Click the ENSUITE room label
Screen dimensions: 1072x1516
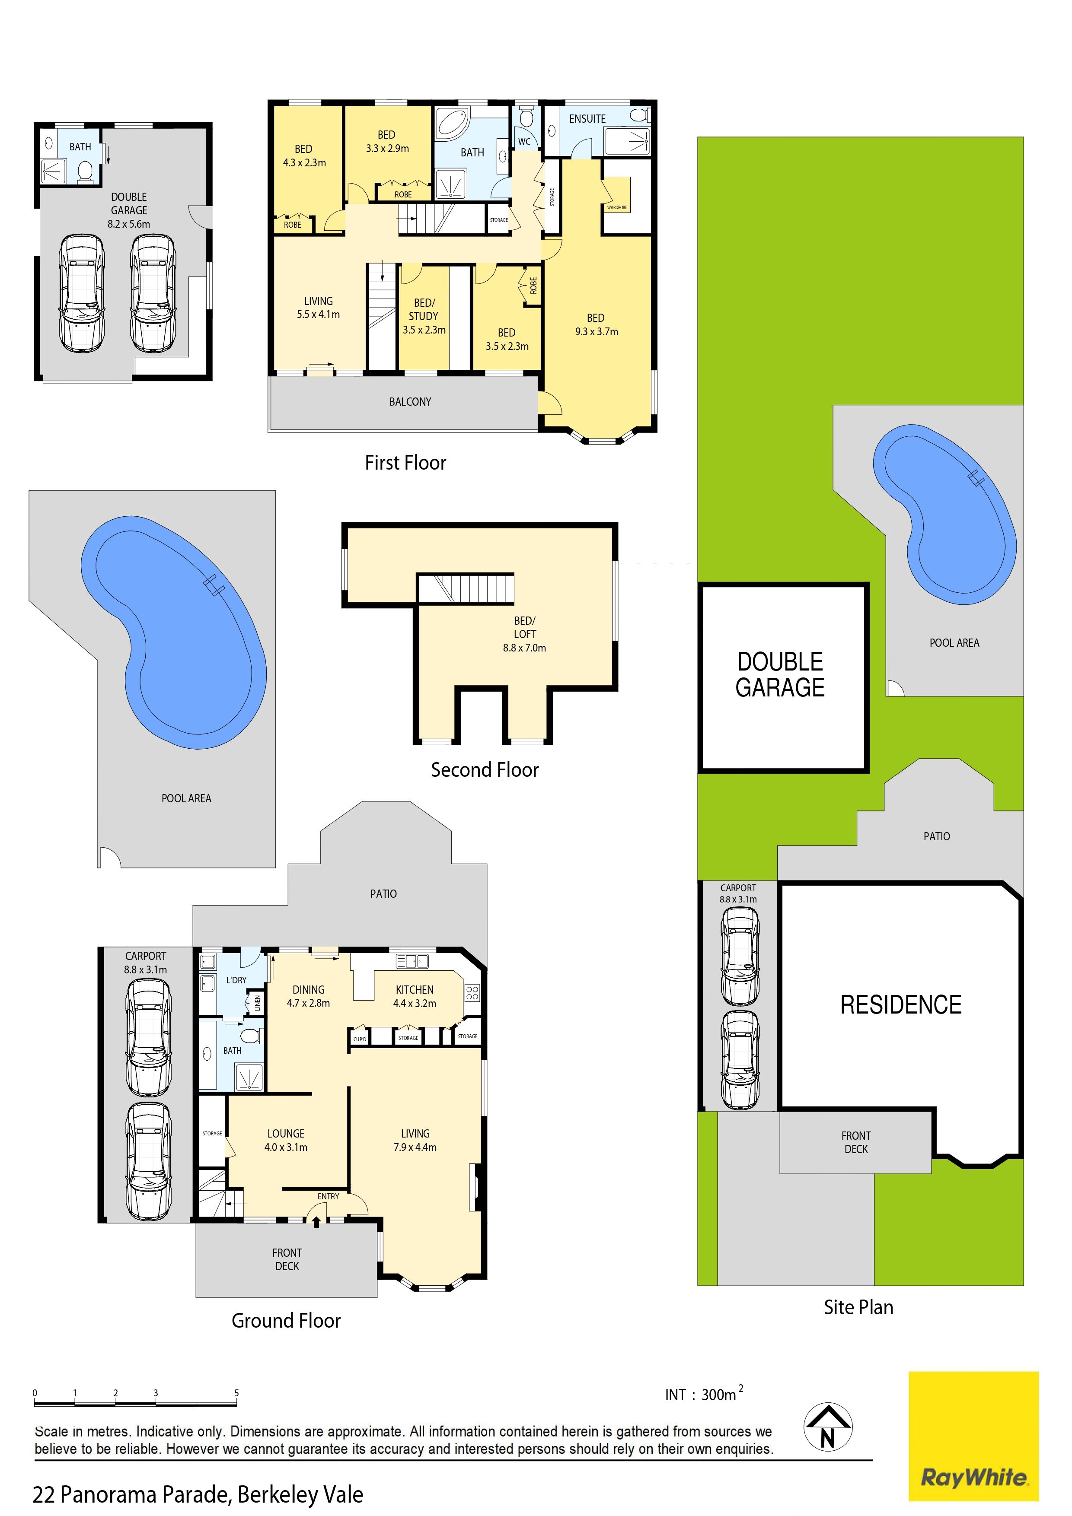pyautogui.click(x=587, y=119)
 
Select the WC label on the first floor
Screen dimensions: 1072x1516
pyautogui.click(x=524, y=141)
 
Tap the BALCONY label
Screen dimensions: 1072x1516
pyautogui.click(x=410, y=401)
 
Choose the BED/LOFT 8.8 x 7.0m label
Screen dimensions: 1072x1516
pyautogui.click(x=524, y=634)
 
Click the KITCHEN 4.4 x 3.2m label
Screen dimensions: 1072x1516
pyautogui.click(x=415, y=996)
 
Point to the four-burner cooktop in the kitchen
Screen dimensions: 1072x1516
pyautogui.click(x=472, y=992)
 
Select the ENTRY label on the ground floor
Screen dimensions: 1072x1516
pyautogui.click(x=328, y=1196)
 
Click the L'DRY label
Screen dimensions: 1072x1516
pyautogui.click(x=236, y=980)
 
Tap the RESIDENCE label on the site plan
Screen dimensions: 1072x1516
pyautogui.click(x=901, y=1004)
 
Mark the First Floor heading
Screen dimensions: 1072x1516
pyautogui.click(x=405, y=462)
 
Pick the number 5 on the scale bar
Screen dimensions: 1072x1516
pyautogui.click(x=236, y=1393)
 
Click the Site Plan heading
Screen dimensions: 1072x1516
pyautogui.click(x=858, y=1307)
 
